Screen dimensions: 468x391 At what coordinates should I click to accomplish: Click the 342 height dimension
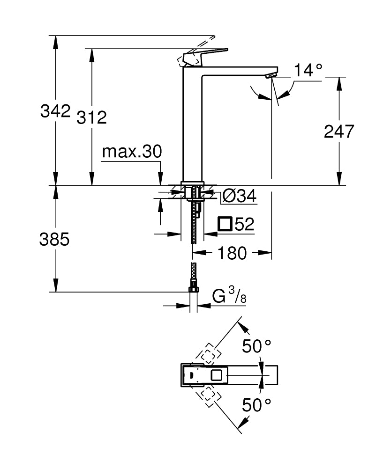point(55,111)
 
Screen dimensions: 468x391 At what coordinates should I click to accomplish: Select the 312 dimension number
point(91,117)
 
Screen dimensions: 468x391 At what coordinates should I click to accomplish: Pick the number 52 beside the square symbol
point(244,225)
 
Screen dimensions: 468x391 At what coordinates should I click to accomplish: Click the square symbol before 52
point(226,225)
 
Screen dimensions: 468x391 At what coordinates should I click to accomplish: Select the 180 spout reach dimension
point(232,253)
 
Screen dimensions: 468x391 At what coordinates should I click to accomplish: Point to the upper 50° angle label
point(256,346)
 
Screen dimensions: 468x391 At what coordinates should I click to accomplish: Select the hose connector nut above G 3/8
point(193,289)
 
